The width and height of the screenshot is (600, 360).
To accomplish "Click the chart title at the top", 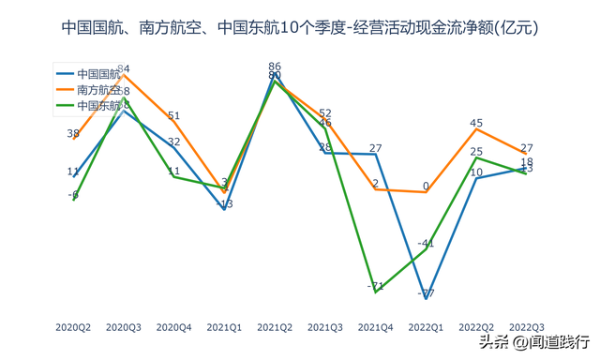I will (300, 28).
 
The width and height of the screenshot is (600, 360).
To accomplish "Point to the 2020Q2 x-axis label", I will (73, 327).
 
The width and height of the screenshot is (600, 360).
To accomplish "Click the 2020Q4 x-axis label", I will (173, 327).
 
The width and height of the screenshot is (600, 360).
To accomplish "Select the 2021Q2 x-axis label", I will (275, 327).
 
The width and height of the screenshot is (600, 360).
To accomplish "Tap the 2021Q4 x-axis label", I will (376, 327).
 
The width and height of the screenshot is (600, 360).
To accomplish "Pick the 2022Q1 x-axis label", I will (426, 327).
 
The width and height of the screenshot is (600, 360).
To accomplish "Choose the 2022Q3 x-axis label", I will (527, 327).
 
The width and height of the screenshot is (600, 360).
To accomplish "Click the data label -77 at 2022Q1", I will (427, 293).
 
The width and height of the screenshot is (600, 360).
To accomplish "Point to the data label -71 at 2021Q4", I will (376, 286).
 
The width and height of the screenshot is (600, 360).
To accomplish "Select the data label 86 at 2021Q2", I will (275, 67).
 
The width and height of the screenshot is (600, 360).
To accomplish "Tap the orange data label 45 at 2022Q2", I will (476, 123).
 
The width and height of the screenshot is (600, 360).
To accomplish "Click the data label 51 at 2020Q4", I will (174, 116).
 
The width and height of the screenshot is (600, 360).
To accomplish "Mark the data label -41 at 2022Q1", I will (427, 243).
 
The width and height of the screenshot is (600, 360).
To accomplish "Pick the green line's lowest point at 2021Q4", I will (376, 292).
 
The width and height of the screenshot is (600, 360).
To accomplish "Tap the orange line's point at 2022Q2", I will (476, 129).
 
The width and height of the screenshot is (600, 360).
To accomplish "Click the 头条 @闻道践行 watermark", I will (535, 340).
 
